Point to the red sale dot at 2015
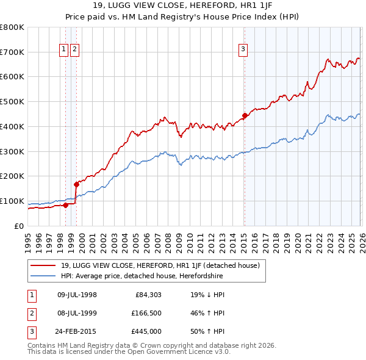coord(245,115)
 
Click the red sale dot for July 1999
coord(76,184)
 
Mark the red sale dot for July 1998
coord(65,205)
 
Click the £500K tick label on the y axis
coord(12,101)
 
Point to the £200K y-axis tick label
coord(12,176)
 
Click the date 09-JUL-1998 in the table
coord(77,295)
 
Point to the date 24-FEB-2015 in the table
coord(77,333)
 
